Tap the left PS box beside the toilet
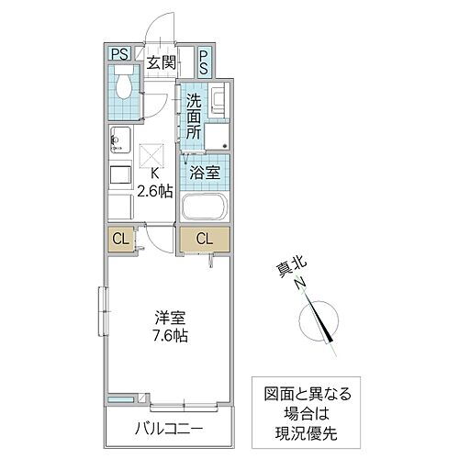click(118, 54)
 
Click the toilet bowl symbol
click(124, 90)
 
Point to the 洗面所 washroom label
click(194, 117)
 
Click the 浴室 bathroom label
click(203, 172)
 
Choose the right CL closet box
click(205, 241)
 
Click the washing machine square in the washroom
click(217, 136)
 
